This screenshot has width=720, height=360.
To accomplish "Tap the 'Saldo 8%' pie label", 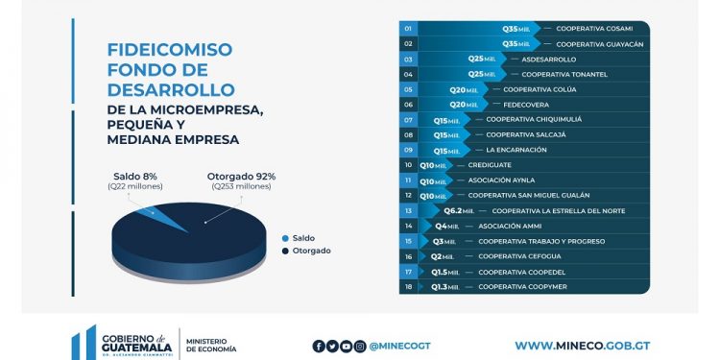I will click(135, 176).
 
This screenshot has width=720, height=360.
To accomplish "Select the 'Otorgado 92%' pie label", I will click(241, 176).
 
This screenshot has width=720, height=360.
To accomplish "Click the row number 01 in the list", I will click(408, 29).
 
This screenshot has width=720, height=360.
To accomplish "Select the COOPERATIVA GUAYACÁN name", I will click(599, 44).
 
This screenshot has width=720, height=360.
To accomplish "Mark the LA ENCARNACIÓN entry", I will click(516, 150).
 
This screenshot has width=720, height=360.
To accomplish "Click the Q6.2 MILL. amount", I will click(465, 210).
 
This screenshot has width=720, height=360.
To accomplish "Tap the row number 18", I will click(408, 286).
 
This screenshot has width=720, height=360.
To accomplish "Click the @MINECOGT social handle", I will click(396, 346).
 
